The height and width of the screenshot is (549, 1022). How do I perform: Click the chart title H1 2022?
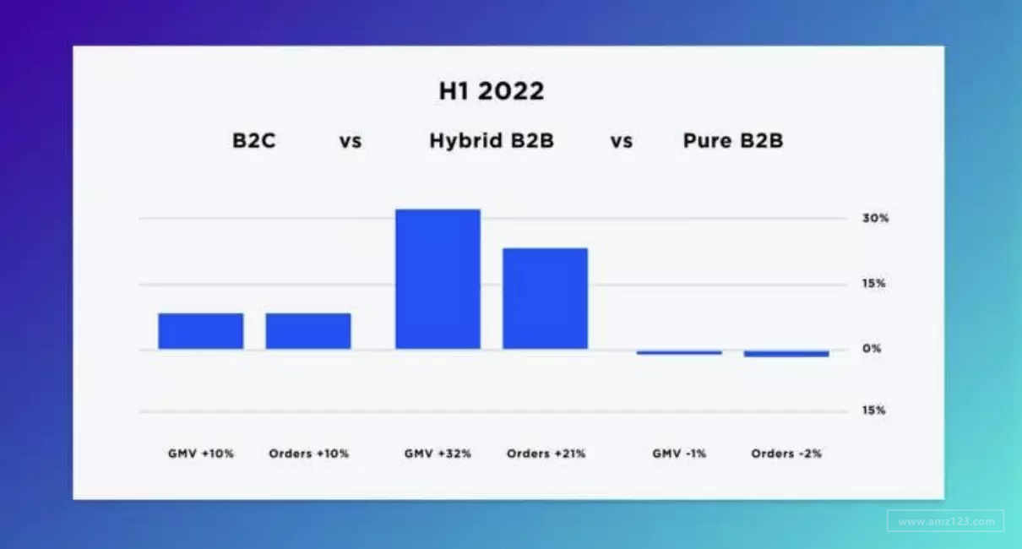click(492, 91)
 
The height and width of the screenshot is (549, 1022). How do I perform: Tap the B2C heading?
click(254, 140)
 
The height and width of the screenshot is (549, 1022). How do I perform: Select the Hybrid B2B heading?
click(492, 140)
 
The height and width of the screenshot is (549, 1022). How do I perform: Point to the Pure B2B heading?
click(733, 140)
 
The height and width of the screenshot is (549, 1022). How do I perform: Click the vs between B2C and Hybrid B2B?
click(351, 141)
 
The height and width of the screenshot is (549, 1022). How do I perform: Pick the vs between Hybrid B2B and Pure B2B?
click(622, 141)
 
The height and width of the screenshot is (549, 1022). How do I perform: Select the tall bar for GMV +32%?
click(438, 279)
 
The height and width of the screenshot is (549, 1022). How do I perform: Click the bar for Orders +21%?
click(546, 298)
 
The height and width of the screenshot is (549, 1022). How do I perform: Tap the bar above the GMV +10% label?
click(201, 331)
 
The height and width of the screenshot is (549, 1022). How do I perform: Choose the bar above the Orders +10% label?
click(308, 331)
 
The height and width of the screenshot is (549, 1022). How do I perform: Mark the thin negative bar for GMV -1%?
click(679, 352)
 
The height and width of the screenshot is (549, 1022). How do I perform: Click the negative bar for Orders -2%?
click(786, 354)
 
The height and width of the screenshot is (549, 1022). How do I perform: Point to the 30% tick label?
click(876, 218)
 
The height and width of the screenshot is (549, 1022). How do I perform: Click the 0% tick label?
click(872, 349)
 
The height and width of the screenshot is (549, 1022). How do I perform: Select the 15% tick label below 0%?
click(873, 410)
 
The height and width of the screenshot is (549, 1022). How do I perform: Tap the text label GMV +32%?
click(438, 454)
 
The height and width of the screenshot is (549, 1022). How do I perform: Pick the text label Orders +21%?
click(546, 454)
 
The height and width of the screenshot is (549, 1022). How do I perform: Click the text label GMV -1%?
click(679, 454)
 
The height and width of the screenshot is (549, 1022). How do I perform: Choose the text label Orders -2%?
click(786, 454)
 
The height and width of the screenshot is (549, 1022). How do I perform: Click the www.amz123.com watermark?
click(946, 521)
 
